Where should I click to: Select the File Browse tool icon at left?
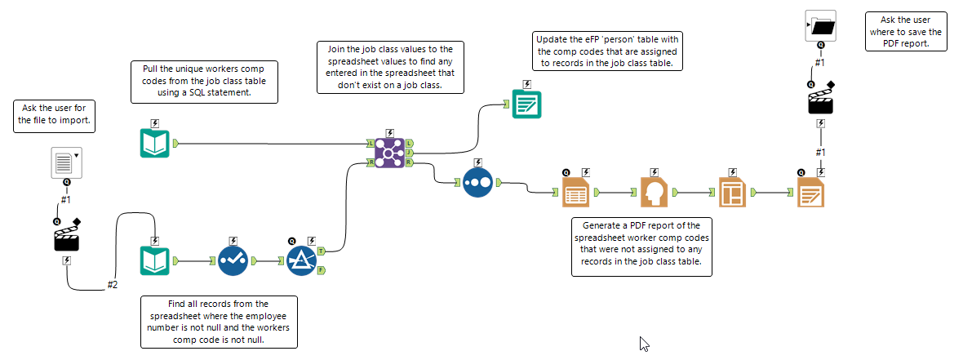click(x=66, y=162)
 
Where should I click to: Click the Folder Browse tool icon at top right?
click(x=821, y=26)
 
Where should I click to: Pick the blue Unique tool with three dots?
click(x=477, y=182)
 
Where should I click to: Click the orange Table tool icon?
click(x=576, y=193)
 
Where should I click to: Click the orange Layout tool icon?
click(x=733, y=193)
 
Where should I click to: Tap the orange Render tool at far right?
click(x=811, y=193)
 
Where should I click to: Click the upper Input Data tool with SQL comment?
click(x=154, y=144)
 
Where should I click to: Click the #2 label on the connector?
click(x=113, y=285)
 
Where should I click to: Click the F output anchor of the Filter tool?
click(x=322, y=270)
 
